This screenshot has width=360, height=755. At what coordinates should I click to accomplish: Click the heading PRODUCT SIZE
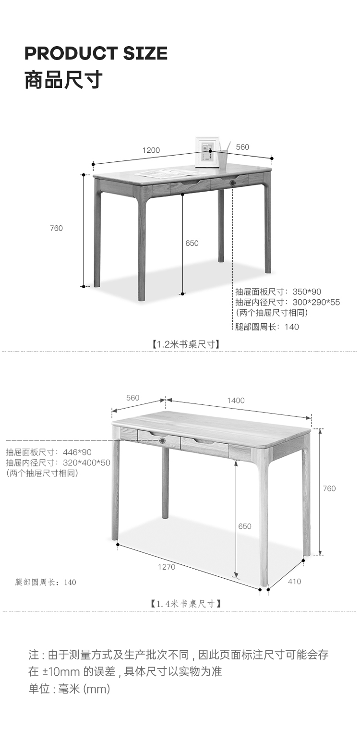pos(96,53)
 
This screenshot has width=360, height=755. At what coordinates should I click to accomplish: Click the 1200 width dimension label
pos(151,150)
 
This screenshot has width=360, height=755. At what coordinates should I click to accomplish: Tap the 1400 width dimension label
pos(236,401)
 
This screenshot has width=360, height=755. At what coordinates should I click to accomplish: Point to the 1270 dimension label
pos(167,567)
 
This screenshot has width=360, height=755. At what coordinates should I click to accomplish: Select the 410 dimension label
pos(294,582)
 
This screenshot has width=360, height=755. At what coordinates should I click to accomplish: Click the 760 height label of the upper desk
pos(56,228)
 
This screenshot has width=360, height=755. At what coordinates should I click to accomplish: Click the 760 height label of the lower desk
pos(329,488)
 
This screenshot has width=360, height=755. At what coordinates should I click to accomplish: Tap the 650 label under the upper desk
pos(192,244)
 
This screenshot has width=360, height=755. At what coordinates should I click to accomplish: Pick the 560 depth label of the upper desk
pos(243,147)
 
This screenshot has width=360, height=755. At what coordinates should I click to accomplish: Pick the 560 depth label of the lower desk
pos(132,398)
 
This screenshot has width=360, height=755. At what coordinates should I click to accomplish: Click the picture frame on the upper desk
pos(207,152)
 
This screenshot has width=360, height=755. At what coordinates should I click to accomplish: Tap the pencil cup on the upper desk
pos(223,159)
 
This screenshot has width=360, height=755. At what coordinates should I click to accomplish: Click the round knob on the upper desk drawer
pos(233,183)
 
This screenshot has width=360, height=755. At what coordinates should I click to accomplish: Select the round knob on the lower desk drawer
pos(162,440)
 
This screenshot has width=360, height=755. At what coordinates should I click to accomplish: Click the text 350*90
pos(307,292)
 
